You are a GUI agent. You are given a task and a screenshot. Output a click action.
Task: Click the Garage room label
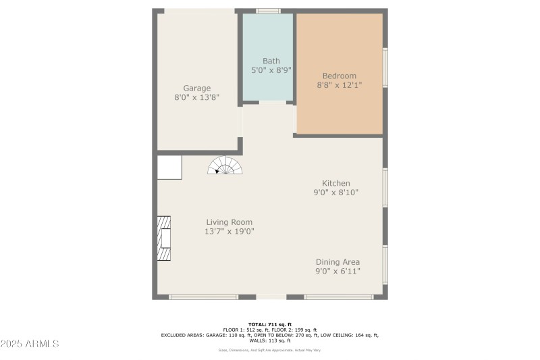click(x=197, y=88)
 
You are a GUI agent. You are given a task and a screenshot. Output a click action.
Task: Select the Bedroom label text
click(x=339, y=76)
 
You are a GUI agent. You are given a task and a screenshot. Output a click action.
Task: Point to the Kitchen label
click(x=335, y=183)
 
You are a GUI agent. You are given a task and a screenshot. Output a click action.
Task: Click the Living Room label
click(x=229, y=222)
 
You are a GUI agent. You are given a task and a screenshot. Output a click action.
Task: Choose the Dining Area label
click(x=337, y=262)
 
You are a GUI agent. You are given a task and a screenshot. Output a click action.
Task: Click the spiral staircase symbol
click(x=224, y=165)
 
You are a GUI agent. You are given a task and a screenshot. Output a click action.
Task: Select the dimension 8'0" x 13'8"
click(x=197, y=97)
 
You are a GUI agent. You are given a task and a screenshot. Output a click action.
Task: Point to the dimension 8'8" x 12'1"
click(x=339, y=85)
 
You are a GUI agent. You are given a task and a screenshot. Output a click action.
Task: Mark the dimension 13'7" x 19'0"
click(x=229, y=231)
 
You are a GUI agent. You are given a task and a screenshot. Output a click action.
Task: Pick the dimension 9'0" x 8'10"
click(x=335, y=192)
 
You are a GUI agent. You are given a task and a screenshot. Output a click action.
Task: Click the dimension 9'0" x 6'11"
click(x=337, y=271)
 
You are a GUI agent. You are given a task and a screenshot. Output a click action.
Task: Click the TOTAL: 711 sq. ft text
click(x=269, y=324)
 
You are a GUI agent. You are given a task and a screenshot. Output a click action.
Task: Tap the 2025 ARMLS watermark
click(x=30, y=344)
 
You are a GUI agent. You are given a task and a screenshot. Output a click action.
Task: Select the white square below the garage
click(x=169, y=167)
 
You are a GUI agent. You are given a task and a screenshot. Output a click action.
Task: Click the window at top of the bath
click(x=269, y=11)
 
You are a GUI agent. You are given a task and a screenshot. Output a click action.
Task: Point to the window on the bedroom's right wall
click(x=385, y=67)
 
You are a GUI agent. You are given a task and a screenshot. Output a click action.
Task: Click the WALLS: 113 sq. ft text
click(x=269, y=340)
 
